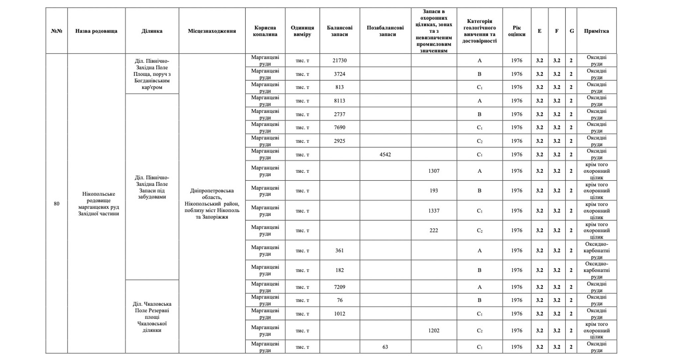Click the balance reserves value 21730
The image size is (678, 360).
(x=339, y=60)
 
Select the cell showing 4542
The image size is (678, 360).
(x=385, y=155)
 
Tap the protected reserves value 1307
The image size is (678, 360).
(x=434, y=171)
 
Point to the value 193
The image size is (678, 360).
(x=434, y=191)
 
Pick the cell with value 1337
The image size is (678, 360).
(x=434, y=211)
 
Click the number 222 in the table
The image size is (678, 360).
(x=434, y=230)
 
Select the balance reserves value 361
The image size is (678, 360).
(x=339, y=251)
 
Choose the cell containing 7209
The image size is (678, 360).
(x=339, y=287)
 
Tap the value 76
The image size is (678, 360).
(x=339, y=300)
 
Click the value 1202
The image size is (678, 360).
(x=434, y=331)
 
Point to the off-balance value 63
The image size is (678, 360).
(x=385, y=347)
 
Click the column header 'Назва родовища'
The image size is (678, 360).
(x=96, y=31)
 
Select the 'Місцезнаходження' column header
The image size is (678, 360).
(x=212, y=31)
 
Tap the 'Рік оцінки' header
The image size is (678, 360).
(x=516, y=31)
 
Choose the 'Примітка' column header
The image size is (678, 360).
(x=596, y=31)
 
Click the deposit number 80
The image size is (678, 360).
(x=56, y=204)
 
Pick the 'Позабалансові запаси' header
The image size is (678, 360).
(x=385, y=31)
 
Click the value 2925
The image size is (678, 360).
(x=339, y=141)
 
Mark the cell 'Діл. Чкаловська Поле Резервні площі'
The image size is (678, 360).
(x=152, y=317)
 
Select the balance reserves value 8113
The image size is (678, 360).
(x=339, y=101)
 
